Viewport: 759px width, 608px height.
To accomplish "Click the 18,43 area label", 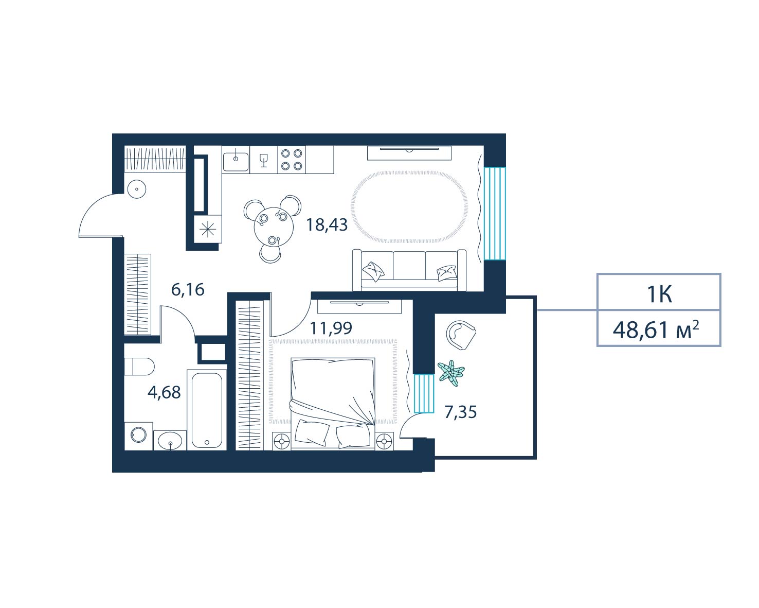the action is [x=327, y=225].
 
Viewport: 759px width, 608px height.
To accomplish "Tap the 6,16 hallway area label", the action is [x=188, y=289].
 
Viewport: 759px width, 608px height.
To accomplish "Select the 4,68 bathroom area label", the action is [x=164, y=392].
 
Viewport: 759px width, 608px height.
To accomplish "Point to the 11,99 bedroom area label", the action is [x=331, y=328].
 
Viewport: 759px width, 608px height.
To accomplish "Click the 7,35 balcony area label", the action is [x=460, y=412].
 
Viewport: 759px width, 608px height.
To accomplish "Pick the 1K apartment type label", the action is [x=660, y=294].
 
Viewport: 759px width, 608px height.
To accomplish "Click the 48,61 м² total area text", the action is [x=656, y=330].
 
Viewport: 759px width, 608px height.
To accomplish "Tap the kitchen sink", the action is [x=236, y=160].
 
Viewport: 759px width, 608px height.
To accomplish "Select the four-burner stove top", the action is [x=292, y=160].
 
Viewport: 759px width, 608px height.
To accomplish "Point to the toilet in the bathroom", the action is [x=139, y=367].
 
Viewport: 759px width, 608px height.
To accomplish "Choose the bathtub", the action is [x=207, y=410].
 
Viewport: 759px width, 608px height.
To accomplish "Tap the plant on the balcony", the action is [x=451, y=373].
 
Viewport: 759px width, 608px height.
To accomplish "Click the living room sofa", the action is [x=409, y=270].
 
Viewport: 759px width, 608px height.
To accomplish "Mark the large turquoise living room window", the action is [x=495, y=214].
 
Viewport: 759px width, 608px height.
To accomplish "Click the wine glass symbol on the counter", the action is [x=263, y=160].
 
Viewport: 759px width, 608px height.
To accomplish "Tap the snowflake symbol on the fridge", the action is [x=208, y=229].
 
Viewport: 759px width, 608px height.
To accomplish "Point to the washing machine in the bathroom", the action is [x=139, y=436].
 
